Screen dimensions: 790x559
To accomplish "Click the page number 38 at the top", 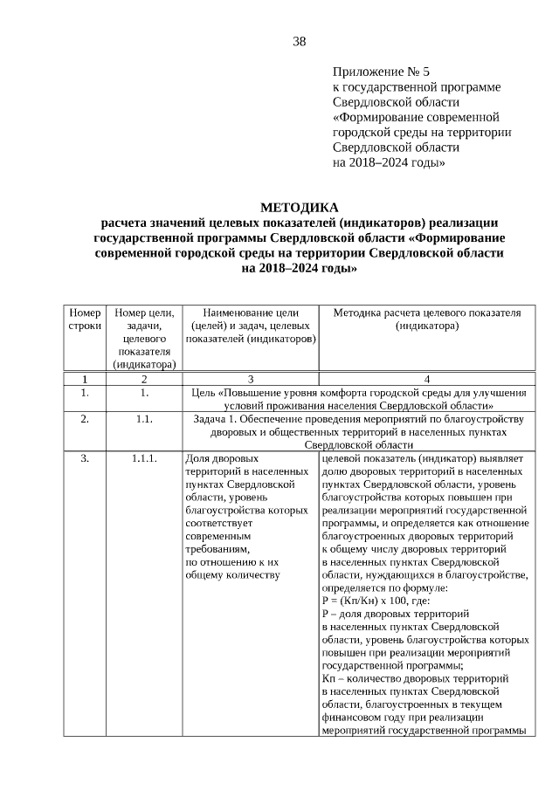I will click(299, 41).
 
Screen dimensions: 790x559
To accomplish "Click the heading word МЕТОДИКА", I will click(299, 207).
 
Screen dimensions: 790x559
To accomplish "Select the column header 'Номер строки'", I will click(85, 319).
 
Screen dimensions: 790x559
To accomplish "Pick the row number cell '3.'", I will click(85, 457).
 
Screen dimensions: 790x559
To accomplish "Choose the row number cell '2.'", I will click(85, 419).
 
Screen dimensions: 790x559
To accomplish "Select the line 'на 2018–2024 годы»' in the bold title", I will click(299, 270).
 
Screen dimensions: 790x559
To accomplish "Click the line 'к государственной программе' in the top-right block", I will click(417, 87).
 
